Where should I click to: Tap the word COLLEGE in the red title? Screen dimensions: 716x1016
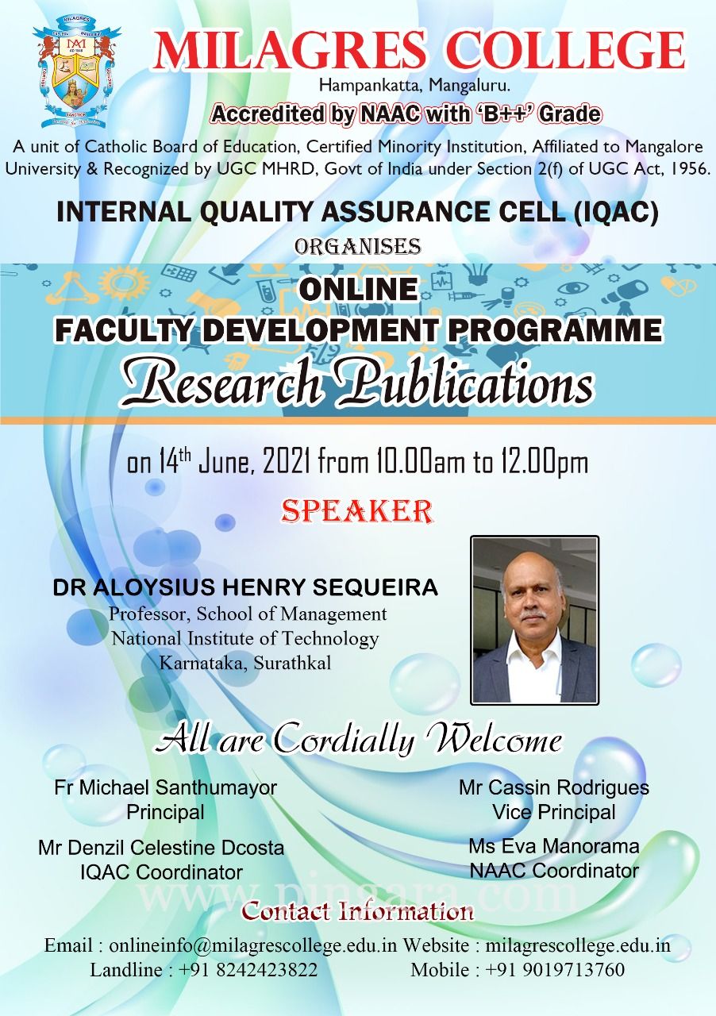click(563, 50)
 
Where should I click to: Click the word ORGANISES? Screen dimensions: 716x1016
click(357, 246)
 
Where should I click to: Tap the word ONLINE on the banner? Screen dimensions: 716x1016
click(359, 290)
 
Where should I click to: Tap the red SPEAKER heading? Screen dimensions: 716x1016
click(357, 511)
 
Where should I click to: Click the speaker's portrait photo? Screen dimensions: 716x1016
click(534, 620)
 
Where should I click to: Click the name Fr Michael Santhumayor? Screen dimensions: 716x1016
click(166, 787)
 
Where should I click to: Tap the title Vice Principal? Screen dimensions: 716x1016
click(554, 812)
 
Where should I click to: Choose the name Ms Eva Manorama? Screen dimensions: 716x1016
click(554, 846)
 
